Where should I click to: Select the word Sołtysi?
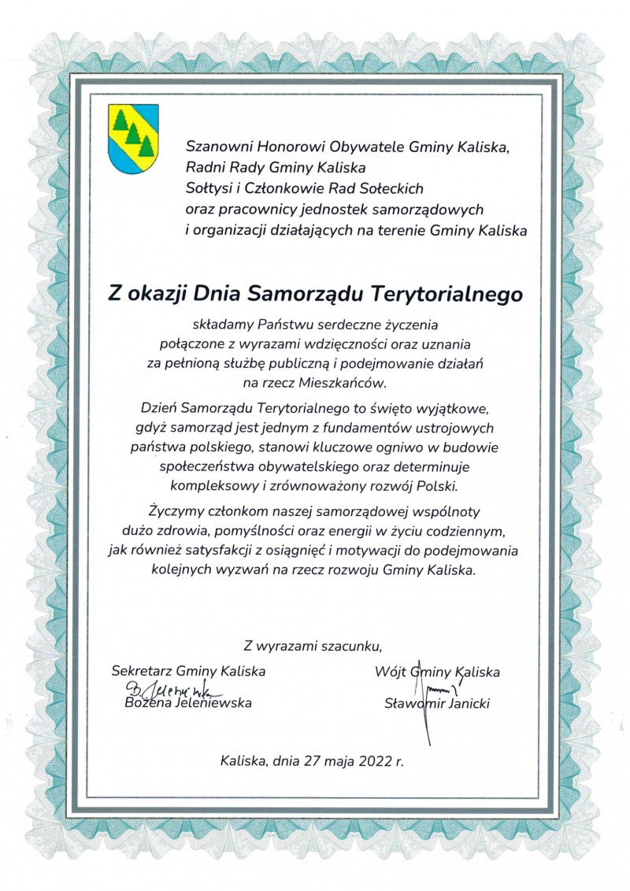tap(207, 188)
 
